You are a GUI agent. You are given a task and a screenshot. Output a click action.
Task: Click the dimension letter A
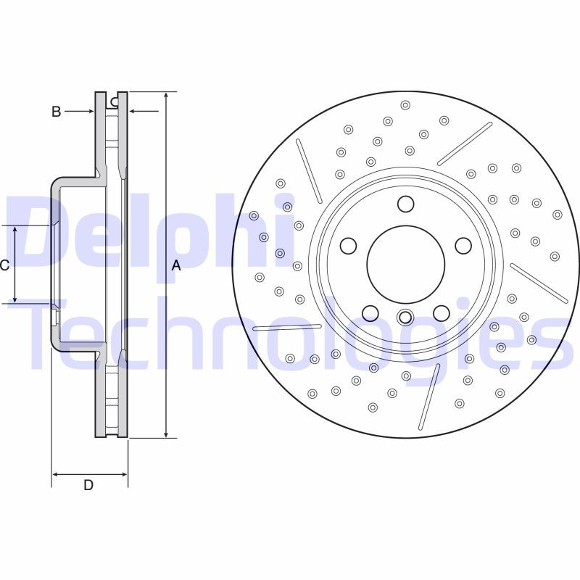pyautogui.click(x=175, y=266)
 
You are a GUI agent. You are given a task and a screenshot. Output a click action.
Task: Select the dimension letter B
pyautogui.click(x=56, y=112)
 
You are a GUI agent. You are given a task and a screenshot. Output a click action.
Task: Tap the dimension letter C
pyautogui.click(x=4, y=265)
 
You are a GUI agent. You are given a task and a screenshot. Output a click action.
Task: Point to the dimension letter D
pyautogui.click(x=88, y=485)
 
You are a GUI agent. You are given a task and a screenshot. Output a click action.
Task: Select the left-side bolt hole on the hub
pyautogui.click(x=349, y=246)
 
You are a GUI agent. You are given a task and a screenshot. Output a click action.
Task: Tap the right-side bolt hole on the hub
pyautogui.click(x=463, y=246)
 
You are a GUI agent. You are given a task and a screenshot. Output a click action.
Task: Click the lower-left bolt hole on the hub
pyautogui.click(x=370, y=312)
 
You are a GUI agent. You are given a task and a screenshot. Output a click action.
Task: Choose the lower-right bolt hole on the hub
pyautogui.click(x=441, y=312)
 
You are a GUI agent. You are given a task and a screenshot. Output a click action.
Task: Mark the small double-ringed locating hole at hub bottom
pyautogui.click(x=405, y=317)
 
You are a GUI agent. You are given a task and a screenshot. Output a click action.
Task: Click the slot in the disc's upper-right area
pyautogui.click(x=465, y=144)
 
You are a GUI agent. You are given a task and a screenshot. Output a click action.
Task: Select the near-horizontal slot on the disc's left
pyautogui.click(x=287, y=328)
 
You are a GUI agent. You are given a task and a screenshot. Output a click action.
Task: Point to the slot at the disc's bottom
pyautogui.click(x=429, y=396)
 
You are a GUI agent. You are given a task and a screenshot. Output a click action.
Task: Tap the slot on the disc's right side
pyautogui.click(x=539, y=283)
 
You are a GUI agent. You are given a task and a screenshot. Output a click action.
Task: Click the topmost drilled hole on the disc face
pyautogui.click(x=405, y=104)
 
